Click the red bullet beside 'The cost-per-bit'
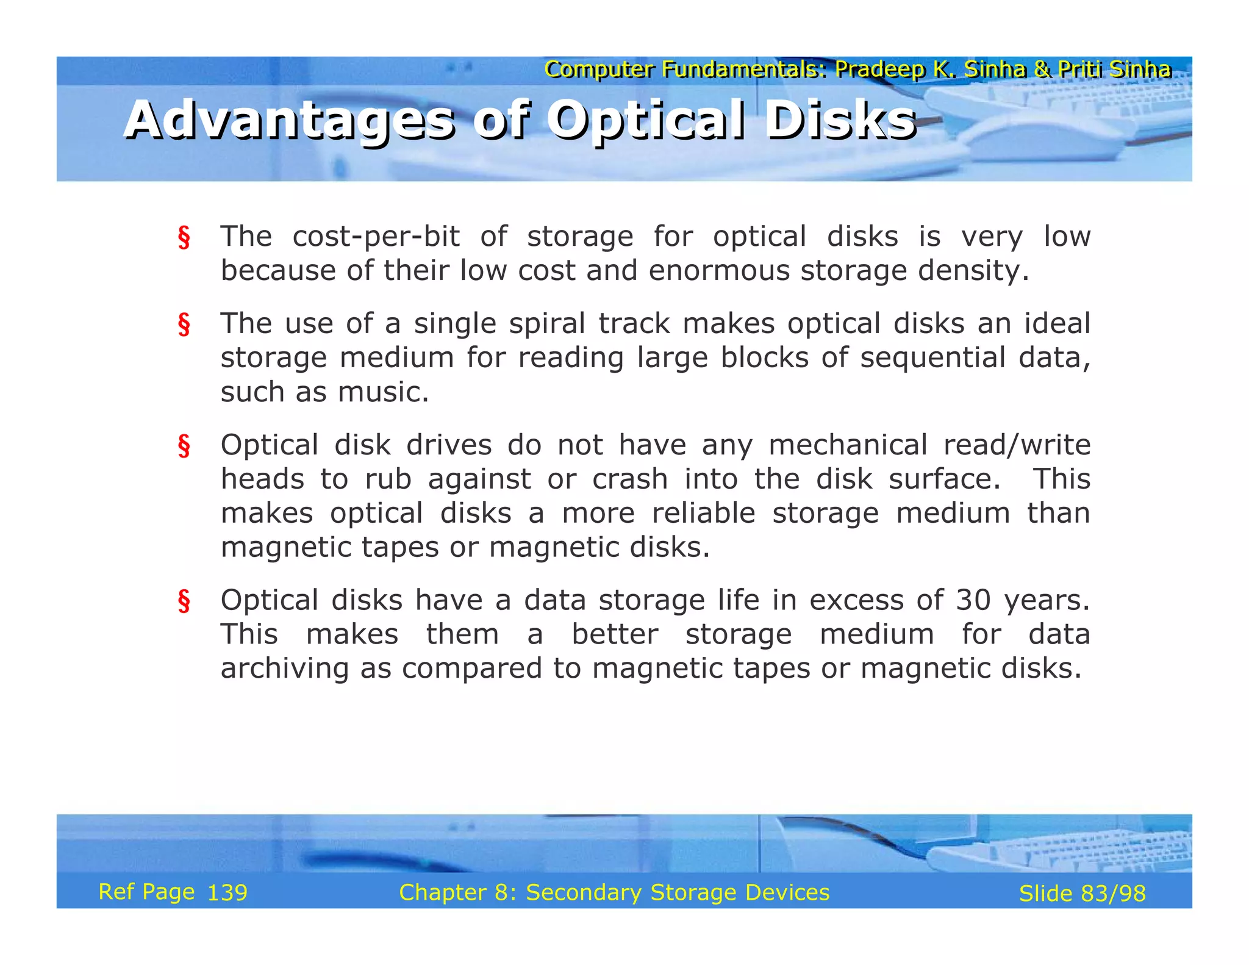click(184, 237)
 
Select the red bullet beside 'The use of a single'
click(184, 325)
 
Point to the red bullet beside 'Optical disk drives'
click(184, 446)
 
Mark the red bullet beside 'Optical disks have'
click(184, 601)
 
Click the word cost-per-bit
click(376, 237)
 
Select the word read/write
click(1017, 445)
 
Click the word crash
click(630, 479)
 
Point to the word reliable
click(703, 513)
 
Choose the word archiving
click(284, 669)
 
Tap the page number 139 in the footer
click(227, 893)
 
